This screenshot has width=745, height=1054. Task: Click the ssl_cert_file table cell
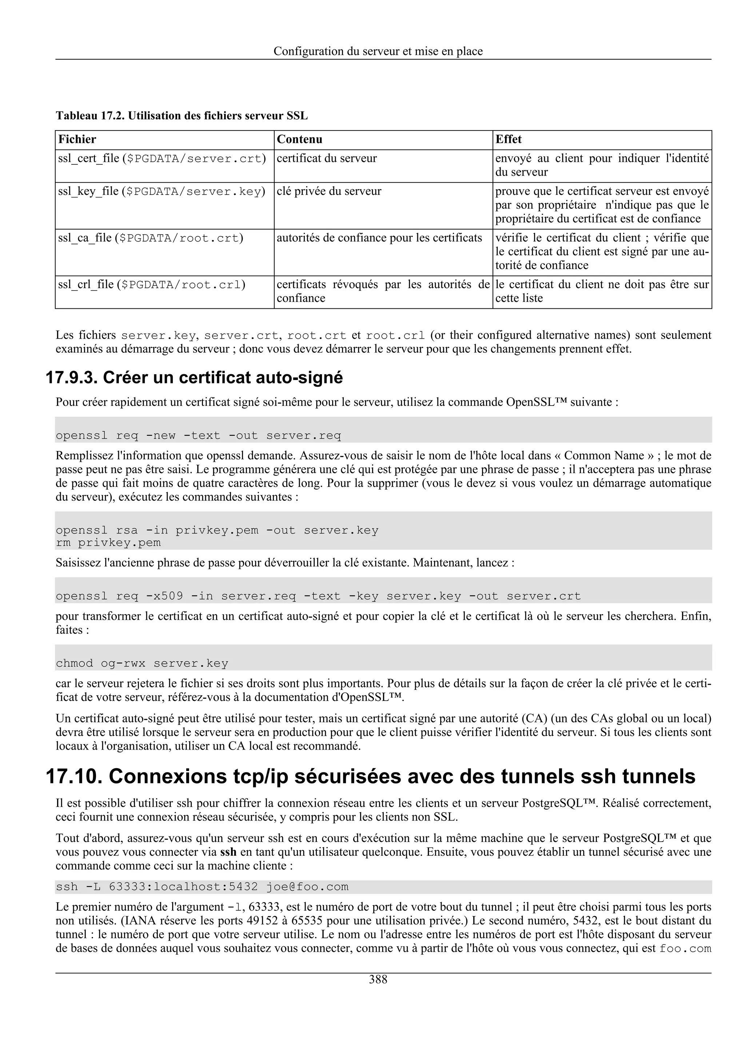(162, 159)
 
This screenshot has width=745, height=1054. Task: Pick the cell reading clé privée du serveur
(328, 191)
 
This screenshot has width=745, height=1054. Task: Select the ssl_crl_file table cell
(151, 285)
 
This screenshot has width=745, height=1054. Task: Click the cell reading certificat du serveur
(326, 159)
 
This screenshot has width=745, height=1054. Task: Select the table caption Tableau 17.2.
(90, 116)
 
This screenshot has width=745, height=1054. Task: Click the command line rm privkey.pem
(108, 543)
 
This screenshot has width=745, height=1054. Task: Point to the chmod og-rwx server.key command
(142, 663)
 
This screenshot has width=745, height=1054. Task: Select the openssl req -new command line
(198, 435)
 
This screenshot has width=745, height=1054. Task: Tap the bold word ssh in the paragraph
(228, 852)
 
